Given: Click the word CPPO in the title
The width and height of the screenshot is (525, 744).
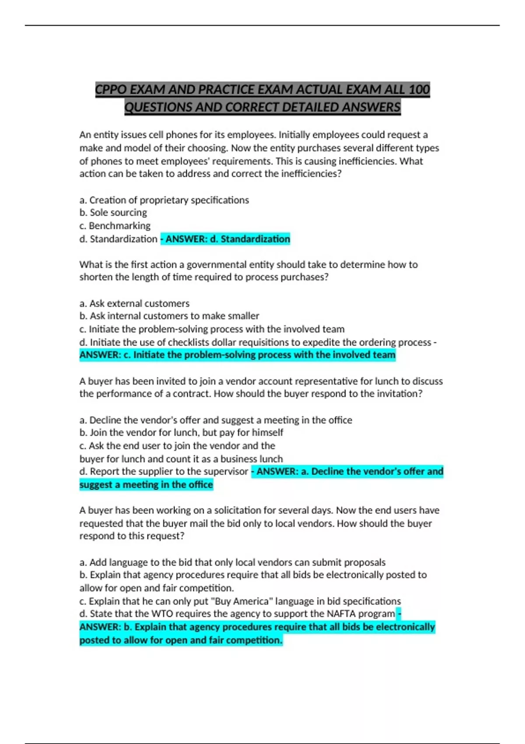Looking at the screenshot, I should click(111, 90).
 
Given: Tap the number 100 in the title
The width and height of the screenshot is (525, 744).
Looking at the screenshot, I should click(419, 90).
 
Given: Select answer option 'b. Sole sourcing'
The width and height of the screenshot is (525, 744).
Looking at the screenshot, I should click(113, 213).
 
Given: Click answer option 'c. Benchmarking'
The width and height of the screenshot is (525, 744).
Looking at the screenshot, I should click(115, 226).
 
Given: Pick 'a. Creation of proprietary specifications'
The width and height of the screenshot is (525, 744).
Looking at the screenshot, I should click(164, 200).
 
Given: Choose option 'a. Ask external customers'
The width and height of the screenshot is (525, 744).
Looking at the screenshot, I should click(134, 303).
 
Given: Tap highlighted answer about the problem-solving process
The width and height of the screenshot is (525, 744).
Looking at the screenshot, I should click(237, 355).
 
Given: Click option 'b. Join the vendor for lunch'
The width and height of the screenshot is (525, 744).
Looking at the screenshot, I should click(181, 433).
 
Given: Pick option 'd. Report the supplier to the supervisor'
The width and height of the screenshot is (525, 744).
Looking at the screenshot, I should click(164, 472).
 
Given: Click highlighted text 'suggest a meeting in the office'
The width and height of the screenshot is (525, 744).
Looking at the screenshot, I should click(146, 485).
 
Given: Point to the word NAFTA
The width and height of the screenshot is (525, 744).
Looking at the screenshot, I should click(341, 614).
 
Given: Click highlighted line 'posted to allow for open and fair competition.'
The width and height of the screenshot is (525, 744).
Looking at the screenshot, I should click(181, 640).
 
